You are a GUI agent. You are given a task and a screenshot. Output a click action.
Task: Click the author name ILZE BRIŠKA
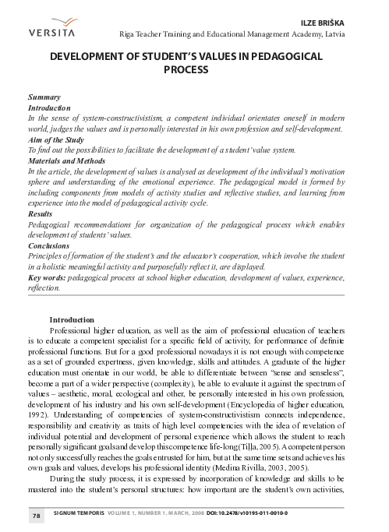[345, 23]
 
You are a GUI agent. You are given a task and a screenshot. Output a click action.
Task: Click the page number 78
[36, 516]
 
